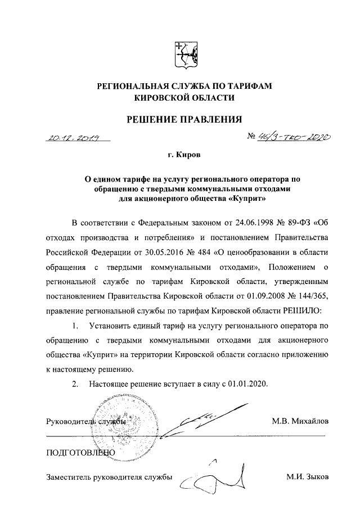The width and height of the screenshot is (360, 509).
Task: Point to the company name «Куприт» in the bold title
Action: pos(246,199)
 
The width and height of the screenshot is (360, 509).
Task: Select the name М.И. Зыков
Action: pos(306,478)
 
